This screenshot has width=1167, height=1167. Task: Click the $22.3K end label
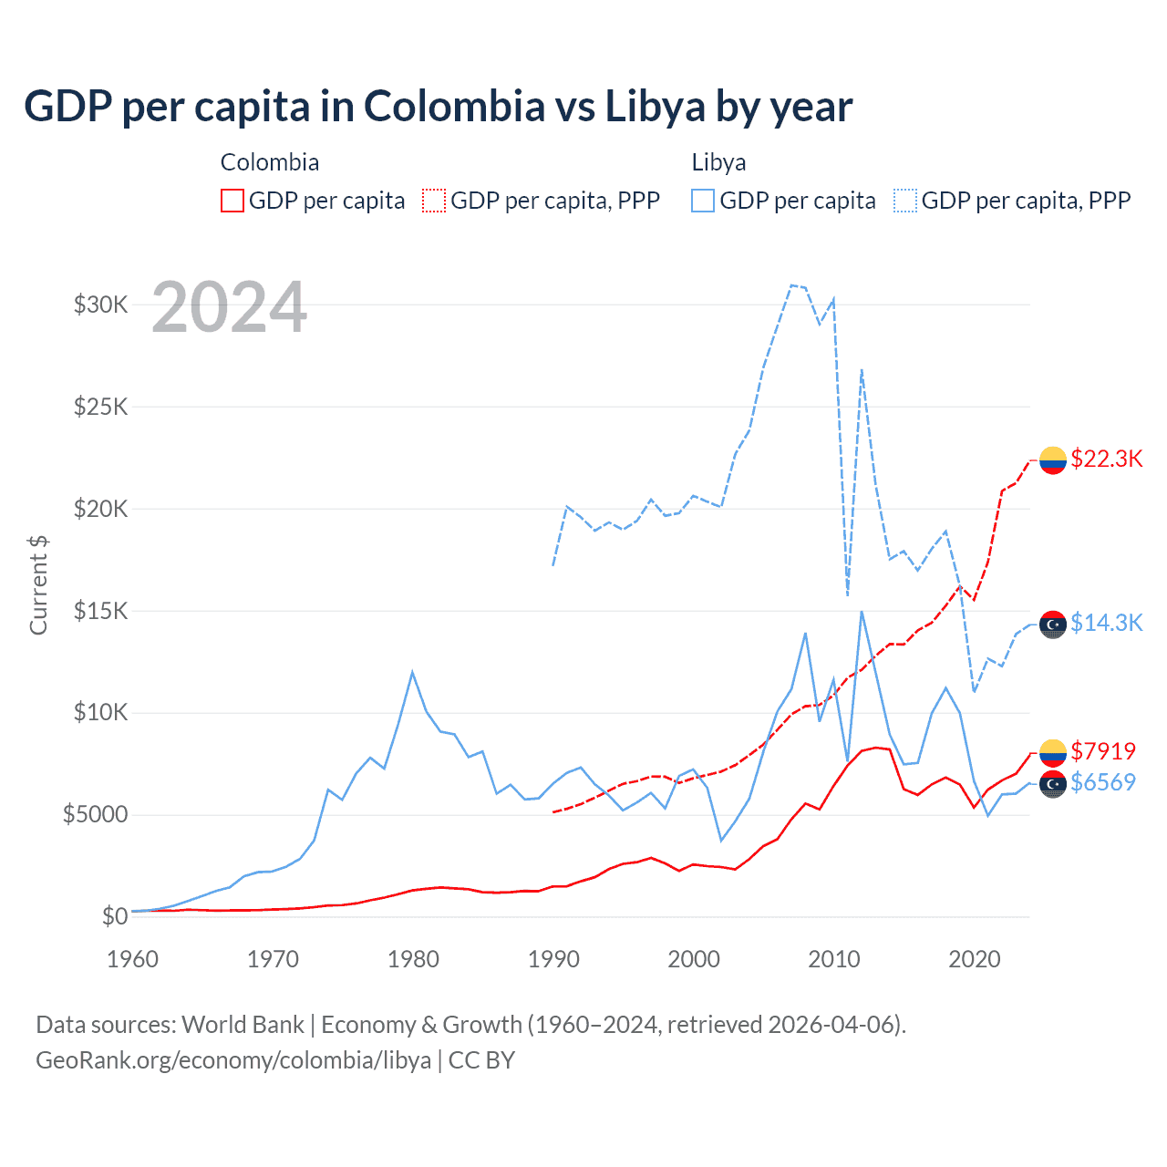(x=1106, y=459)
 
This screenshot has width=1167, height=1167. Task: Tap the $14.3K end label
(x=1106, y=623)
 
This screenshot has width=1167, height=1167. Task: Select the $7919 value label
(x=1103, y=751)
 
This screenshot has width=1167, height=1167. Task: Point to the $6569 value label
(x=1103, y=782)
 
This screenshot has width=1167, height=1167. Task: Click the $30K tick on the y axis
(x=100, y=305)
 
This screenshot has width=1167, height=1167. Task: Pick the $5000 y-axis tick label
(x=95, y=814)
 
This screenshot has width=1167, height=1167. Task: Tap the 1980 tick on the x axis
(x=413, y=959)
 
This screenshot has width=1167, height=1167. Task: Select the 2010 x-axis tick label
(x=834, y=959)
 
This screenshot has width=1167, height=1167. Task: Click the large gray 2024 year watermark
(x=229, y=307)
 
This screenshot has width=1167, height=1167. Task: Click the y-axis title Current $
(x=38, y=585)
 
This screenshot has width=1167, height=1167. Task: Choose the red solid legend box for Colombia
(x=232, y=201)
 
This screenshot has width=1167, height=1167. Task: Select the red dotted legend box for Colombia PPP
(x=435, y=201)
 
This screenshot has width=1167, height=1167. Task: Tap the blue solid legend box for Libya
(x=703, y=201)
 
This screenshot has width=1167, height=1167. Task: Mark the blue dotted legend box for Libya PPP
(x=905, y=201)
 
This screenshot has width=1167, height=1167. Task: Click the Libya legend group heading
(x=718, y=162)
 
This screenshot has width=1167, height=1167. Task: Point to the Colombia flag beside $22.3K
(x=1053, y=460)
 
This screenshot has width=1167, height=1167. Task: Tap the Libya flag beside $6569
(x=1053, y=784)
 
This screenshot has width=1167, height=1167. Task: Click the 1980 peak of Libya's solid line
(x=412, y=673)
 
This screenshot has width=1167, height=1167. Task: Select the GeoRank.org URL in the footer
(x=233, y=1060)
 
